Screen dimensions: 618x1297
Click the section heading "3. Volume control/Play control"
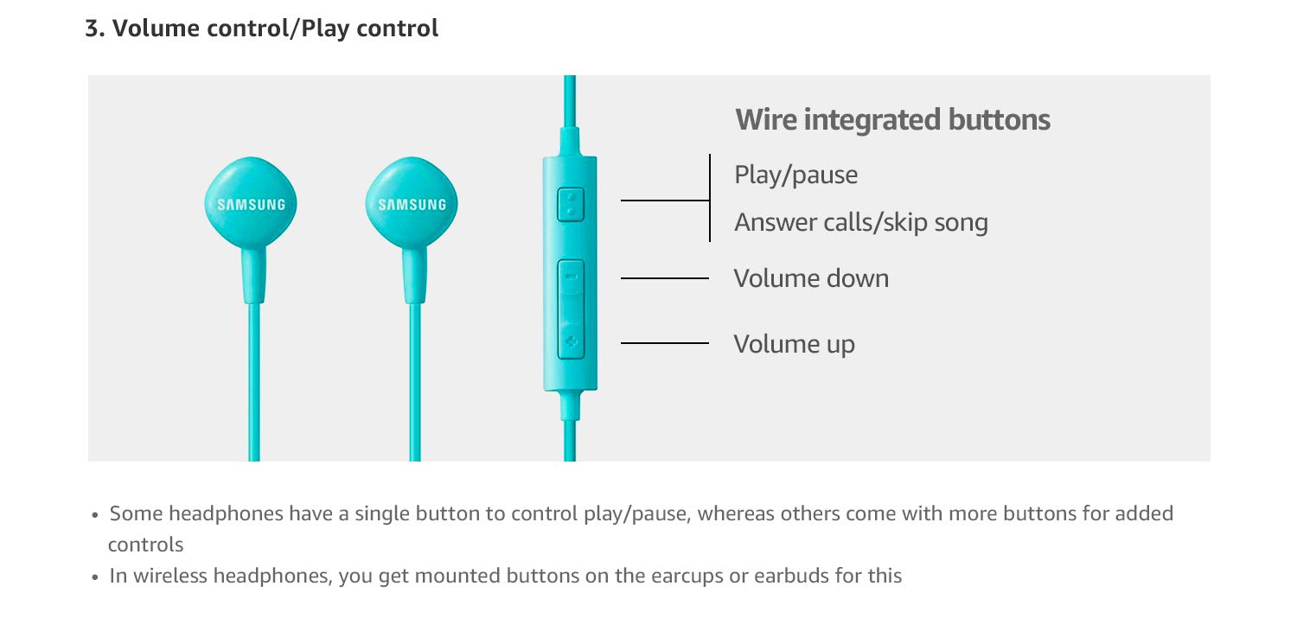click(x=261, y=29)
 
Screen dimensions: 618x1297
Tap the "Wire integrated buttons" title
click(x=892, y=119)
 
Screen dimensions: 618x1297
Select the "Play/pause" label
click(x=795, y=175)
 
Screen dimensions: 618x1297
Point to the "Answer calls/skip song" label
click(x=860, y=223)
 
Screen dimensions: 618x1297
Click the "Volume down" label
click(x=811, y=278)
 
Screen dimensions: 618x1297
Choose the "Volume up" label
click(x=794, y=344)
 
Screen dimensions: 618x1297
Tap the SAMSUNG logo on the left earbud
click(x=251, y=205)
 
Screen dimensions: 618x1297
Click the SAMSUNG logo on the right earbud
click(x=412, y=205)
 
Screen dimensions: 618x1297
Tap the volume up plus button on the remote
click(x=570, y=341)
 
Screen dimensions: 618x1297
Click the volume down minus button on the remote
click(x=570, y=278)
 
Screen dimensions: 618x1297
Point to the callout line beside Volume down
click(x=664, y=278)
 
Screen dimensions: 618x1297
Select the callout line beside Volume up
click(x=664, y=344)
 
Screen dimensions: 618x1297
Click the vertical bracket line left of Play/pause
click(x=710, y=198)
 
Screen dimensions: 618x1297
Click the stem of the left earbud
click(x=253, y=277)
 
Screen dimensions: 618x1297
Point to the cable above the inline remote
click(x=570, y=112)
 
